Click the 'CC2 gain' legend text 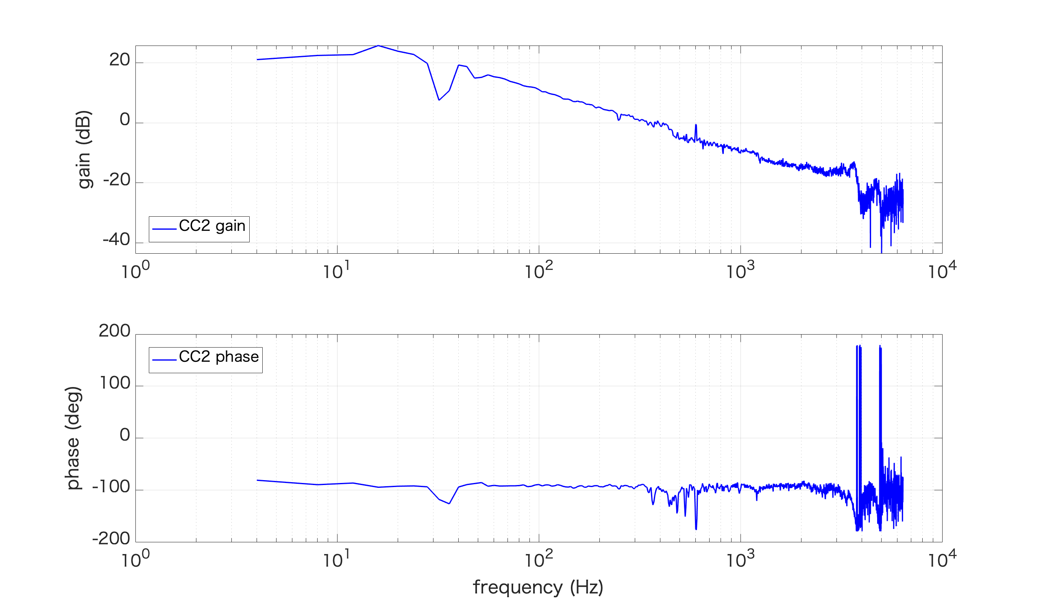click(x=212, y=226)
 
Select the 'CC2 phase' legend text click(x=218, y=357)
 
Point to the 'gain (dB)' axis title click(x=84, y=150)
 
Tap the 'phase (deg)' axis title click(x=73, y=438)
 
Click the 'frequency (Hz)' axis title click(x=538, y=587)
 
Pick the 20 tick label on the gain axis click(x=120, y=61)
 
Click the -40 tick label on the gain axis click(x=116, y=240)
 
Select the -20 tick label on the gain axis click(x=116, y=180)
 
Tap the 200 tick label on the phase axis click(x=114, y=331)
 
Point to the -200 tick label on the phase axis click(x=111, y=539)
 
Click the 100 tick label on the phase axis click(x=115, y=383)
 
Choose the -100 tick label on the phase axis click(x=111, y=487)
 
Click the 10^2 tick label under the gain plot click(x=538, y=271)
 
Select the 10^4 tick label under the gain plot click(x=942, y=271)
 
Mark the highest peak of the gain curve click(x=378, y=46)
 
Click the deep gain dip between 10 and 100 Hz click(x=439, y=100)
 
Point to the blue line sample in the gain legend click(x=164, y=229)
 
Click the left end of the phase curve click(x=257, y=480)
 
